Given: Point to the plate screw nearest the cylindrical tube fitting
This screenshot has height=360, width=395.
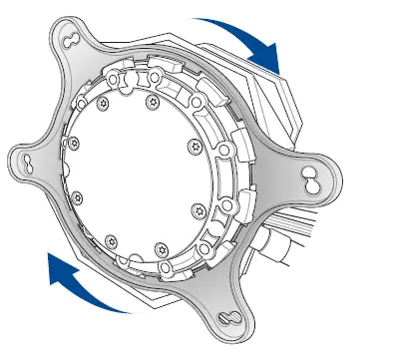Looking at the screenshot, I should pyautogui.click(x=198, y=210).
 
